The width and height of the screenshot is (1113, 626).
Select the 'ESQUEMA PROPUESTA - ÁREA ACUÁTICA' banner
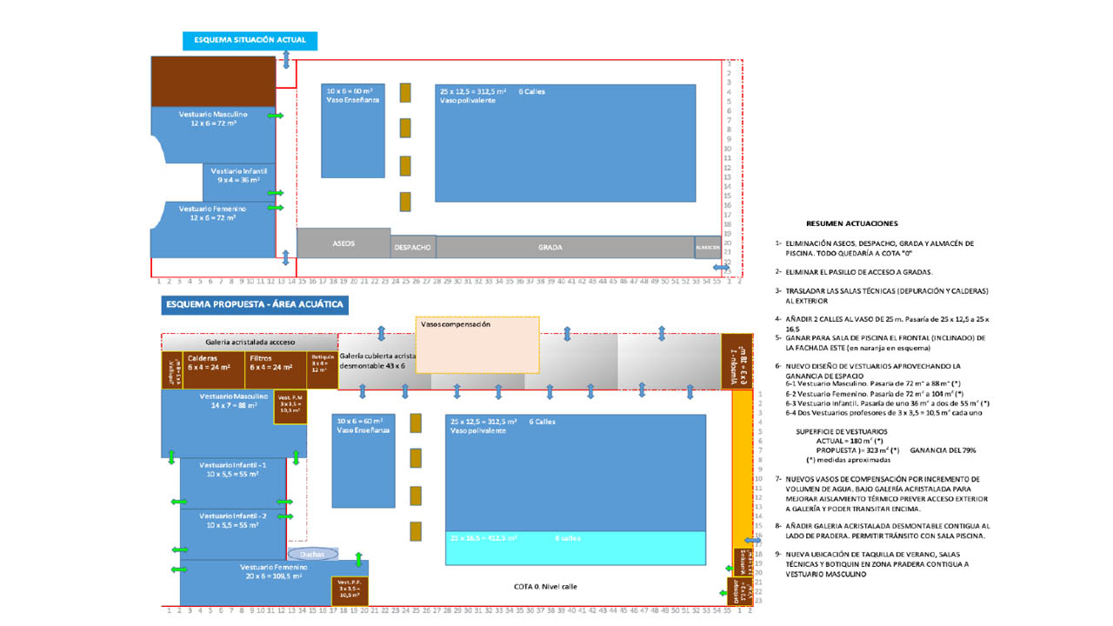tap(255, 305)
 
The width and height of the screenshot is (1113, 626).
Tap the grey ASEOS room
tap(343, 243)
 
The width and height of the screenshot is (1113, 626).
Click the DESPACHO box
tap(413, 247)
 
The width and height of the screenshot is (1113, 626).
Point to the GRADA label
tap(550, 247)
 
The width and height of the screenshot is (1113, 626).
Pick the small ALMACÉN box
tap(707, 247)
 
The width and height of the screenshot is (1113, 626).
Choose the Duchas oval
tap(310, 554)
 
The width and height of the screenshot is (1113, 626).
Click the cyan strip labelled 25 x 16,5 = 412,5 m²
tap(576, 548)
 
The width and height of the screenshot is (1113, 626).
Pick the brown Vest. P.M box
tap(290, 407)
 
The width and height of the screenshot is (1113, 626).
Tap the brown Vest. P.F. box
tap(350, 589)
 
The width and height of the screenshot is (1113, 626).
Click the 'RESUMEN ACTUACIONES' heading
tap(851, 223)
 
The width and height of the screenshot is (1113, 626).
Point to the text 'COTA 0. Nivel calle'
tap(545, 586)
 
